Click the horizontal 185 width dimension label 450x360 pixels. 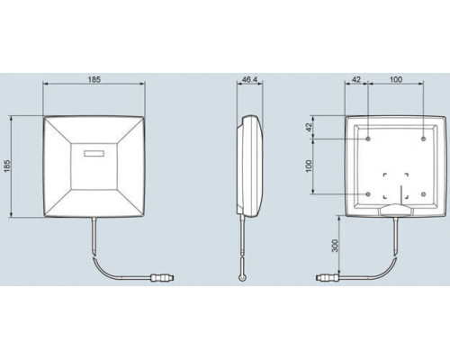(94, 79)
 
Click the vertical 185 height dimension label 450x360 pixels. (7, 166)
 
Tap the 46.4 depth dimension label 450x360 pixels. (249, 79)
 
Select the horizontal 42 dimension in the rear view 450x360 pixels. (355, 79)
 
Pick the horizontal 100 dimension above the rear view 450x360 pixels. (396, 79)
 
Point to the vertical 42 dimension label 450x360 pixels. (309, 127)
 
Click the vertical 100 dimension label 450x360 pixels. (309, 166)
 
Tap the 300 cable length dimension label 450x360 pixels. (335, 246)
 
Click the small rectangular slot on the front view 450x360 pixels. (94, 154)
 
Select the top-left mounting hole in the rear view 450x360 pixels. (368, 139)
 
